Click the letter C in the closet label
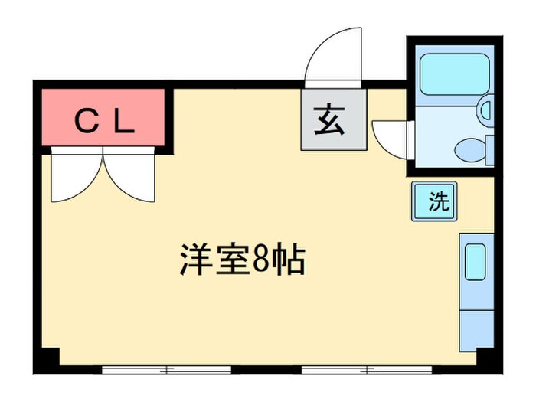coord(86,121)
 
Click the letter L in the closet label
coord(125,121)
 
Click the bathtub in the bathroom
coord(454,74)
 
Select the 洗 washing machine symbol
coord(434,201)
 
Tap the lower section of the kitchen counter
coord(476,325)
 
